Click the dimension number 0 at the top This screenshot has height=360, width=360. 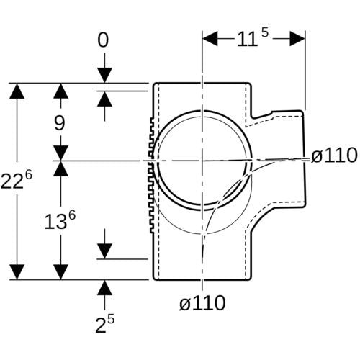[103, 40]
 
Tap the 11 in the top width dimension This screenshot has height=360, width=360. [247, 39]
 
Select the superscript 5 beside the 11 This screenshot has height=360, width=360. [264, 32]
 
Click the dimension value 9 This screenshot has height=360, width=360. [60, 124]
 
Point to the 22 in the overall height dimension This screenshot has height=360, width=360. [11, 181]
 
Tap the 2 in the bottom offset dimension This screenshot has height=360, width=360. [101, 325]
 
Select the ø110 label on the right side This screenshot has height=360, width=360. [334, 156]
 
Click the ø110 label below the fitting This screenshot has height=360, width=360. [203, 303]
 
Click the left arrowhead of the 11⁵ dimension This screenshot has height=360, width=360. [210, 38]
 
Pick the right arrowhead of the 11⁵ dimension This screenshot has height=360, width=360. [297, 38]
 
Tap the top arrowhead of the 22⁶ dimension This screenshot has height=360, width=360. [17, 91]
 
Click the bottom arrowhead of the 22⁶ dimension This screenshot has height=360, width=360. [17, 272]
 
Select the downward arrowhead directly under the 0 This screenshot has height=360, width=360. [104, 76]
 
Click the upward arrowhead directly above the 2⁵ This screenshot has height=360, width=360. [104, 287]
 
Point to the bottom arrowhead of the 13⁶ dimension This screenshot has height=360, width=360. [60, 272]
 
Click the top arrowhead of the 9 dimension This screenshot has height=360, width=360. [60, 91]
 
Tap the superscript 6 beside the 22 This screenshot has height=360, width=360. [28, 176]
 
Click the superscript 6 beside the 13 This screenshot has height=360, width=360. [72, 215]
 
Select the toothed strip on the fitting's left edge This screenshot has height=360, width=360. [152, 175]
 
